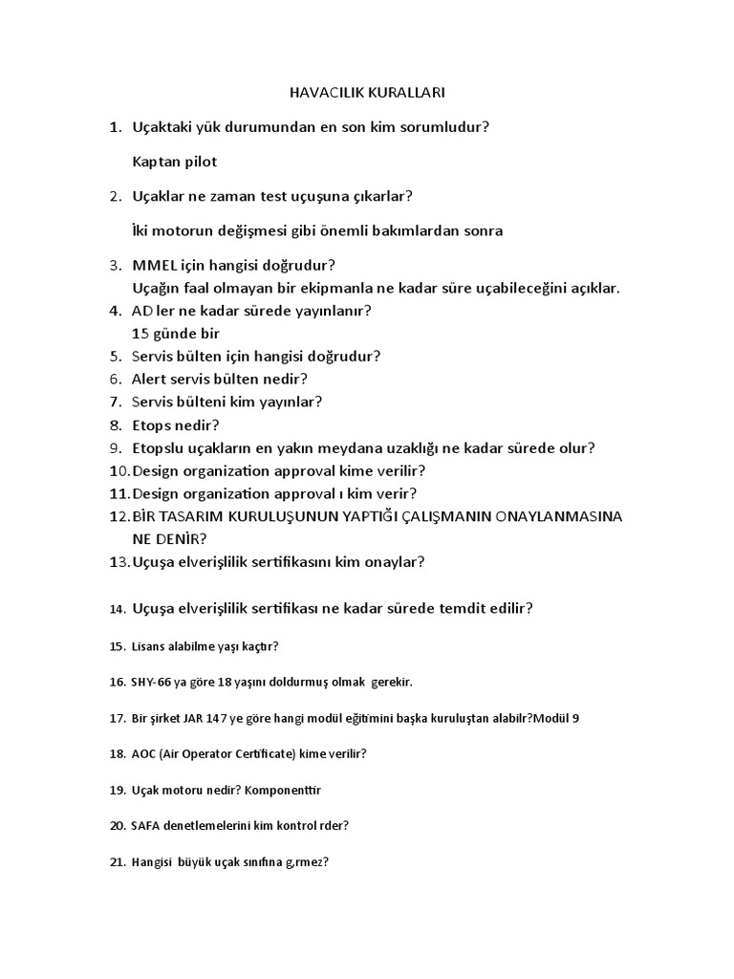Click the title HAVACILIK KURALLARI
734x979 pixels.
[x=367, y=93]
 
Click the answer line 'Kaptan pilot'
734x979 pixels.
[x=175, y=162]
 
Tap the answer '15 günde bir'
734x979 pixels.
[x=177, y=334]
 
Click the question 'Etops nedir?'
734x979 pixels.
[x=176, y=425]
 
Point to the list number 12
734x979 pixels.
[x=119, y=517]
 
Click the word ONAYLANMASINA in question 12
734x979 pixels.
[x=560, y=517]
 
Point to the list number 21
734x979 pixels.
[x=118, y=861]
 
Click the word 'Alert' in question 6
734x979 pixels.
[x=151, y=380]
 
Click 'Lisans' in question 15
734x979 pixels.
[x=150, y=646]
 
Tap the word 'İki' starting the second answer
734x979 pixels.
[x=142, y=230]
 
